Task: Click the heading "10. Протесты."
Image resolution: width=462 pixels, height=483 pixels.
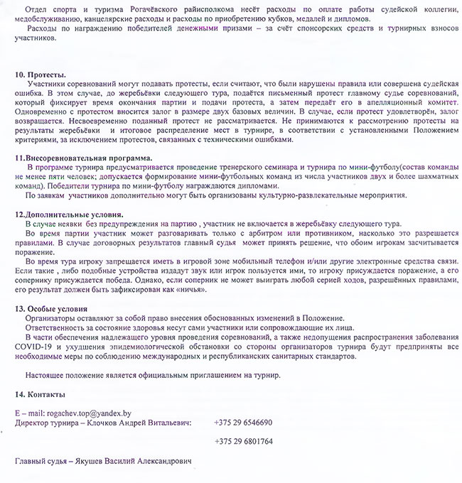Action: pyautogui.click(x=41, y=75)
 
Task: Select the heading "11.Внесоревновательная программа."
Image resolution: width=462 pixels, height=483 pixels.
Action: pyautogui.click(x=83, y=157)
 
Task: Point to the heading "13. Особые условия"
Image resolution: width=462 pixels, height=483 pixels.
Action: pyautogui.click(x=52, y=309)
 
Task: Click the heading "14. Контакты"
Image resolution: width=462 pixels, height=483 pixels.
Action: pyautogui.click(x=41, y=394)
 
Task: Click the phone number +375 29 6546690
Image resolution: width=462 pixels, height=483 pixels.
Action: pyautogui.click(x=243, y=422)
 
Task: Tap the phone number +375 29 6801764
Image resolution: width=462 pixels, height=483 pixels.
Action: pyautogui.click(x=243, y=441)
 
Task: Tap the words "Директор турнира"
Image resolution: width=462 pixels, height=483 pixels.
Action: pyautogui.click(x=44, y=422)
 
